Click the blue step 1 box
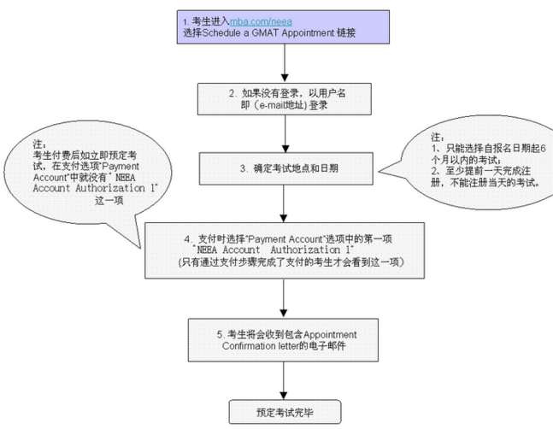pyautogui.click(x=283, y=26)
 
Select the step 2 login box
pyautogui.click(x=283, y=99)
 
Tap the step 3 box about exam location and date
pyautogui.click(x=283, y=168)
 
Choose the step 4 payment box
pyautogui.click(x=283, y=250)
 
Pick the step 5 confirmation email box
pyautogui.click(x=283, y=339)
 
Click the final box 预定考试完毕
pyautogui.click(x=283, y=411)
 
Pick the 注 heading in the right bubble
pyautogui.click(x=438, y=137)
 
